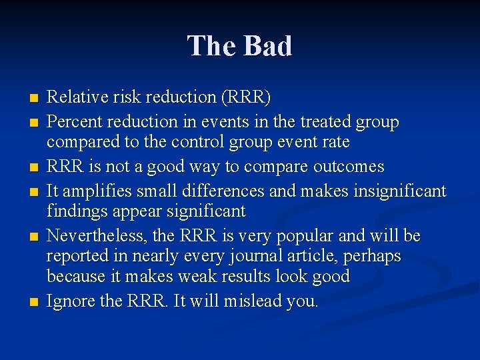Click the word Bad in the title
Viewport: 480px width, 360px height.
point(268,46)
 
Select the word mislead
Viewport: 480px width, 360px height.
point(253,301)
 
